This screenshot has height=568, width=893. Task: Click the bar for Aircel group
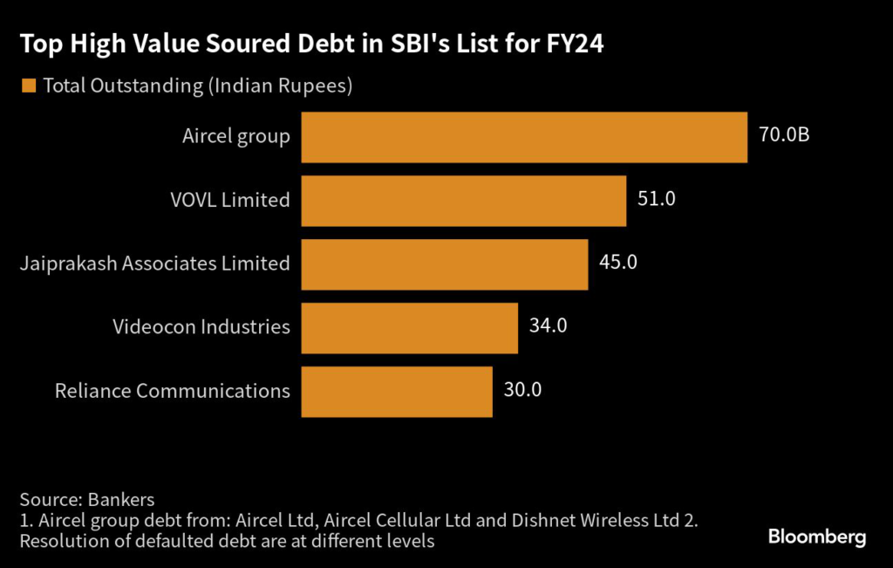pos(524,137)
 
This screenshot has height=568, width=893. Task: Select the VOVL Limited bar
pos(464,201)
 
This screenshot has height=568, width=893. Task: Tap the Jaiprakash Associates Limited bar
pos(445,264)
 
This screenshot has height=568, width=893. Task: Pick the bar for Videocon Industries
pos(410,328)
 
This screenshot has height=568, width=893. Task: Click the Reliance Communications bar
pos(397,392)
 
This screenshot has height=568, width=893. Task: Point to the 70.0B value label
pos(784,136)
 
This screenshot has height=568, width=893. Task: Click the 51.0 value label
pos(657,200)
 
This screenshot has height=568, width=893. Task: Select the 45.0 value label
pos(618,263)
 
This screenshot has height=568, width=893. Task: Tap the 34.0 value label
pos(549,327)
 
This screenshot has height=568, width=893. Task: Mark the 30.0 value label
pos(522,391)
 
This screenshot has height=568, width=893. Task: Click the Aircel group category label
pos(236,137)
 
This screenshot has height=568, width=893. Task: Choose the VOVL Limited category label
pos(229,201)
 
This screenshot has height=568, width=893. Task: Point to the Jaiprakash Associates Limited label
pos(155,264)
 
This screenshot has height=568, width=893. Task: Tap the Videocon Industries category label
pos(201,328)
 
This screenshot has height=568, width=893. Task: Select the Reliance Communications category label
pos(173,392)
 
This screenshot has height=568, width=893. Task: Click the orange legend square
pos(29,86)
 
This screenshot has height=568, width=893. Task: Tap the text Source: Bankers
pos(86,501)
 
